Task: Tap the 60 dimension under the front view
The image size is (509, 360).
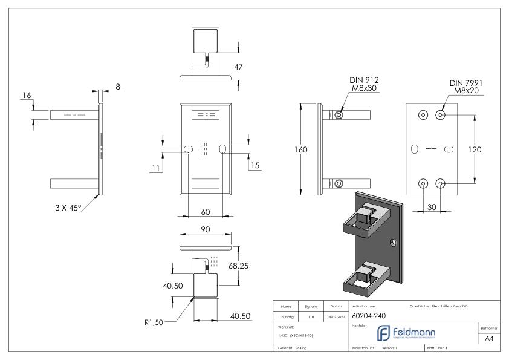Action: click(205, 212)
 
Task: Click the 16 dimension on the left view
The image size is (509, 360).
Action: click(25, 96)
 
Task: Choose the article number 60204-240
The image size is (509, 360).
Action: click(369, 316)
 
